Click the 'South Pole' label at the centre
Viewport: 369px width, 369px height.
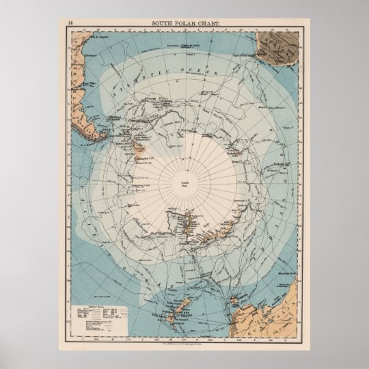pos(184,184)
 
